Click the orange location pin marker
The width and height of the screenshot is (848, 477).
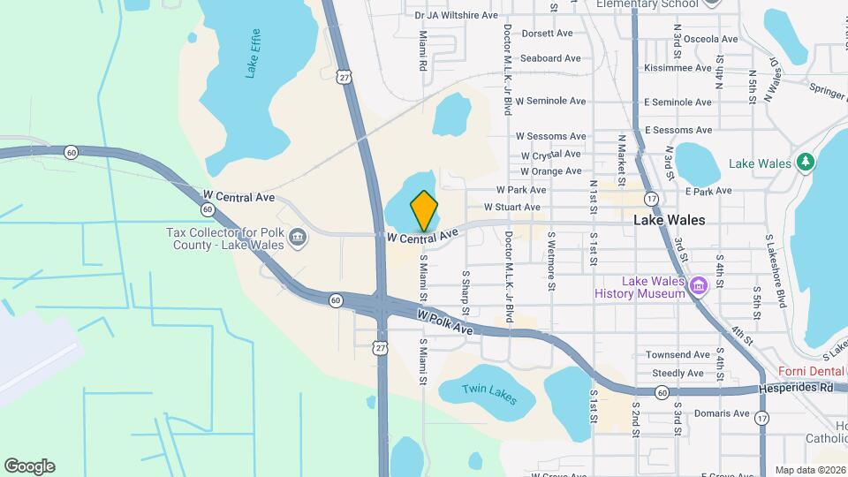point(425,210)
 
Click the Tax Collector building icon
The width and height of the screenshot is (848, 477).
point(298,237)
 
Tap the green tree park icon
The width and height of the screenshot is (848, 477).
point(804,163)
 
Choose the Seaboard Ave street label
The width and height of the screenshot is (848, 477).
point(549,58)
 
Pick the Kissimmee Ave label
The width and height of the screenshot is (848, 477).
point(678,67)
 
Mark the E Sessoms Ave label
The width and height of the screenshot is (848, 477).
point(678,130)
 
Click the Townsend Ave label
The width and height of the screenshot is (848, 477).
point(678,354)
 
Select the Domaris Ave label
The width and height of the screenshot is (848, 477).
point(721,413)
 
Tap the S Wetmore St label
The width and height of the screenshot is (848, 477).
point(551,261)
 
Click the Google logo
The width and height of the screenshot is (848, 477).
point(29,466)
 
